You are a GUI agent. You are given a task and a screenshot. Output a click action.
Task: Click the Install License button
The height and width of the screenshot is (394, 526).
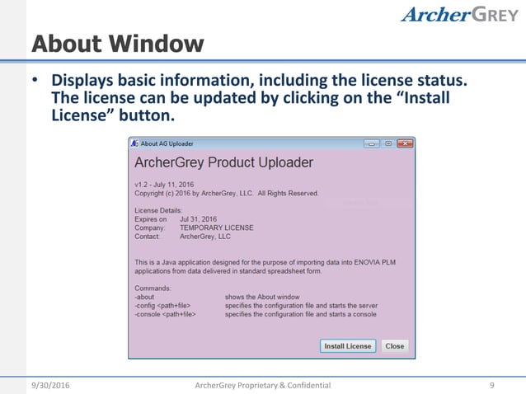click(x=347, y=346)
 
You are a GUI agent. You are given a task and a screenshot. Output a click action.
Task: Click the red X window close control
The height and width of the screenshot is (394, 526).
click(x=405, y=143)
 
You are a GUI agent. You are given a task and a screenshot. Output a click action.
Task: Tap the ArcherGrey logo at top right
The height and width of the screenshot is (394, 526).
click(x=459, y=15)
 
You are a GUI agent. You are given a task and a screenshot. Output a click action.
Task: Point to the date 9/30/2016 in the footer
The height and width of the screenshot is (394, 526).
click(x=52, y=385)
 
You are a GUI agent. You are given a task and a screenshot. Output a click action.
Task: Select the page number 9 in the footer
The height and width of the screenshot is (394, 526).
click(x=491, y=385)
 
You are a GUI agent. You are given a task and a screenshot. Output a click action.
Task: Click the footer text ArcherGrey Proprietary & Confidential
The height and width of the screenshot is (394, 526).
click(x=262, y=385)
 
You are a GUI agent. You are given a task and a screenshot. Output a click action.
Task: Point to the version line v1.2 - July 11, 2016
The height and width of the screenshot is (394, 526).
click(x=171, y=185)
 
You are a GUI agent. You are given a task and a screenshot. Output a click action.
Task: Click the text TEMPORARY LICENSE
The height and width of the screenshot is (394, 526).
click(x=216, y=227)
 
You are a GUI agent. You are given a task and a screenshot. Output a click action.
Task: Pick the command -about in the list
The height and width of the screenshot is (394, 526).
click(x=144, y=297)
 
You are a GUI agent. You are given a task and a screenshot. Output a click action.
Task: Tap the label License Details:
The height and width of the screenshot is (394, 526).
click(x=157, y=211)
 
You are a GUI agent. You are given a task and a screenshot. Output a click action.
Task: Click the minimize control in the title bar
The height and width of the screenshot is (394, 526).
click(x=372, y=143)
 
